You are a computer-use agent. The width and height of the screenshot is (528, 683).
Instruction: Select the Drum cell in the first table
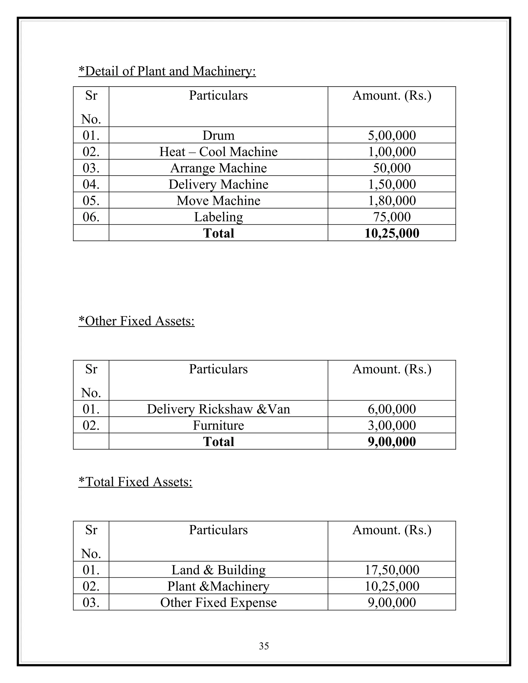pyautogui.click(x=218, y=135)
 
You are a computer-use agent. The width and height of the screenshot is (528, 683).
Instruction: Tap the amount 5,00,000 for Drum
pyautogui.click(x=392, y=135)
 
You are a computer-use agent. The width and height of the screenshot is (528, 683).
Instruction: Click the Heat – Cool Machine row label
pyautogui.click(x=218, y=152)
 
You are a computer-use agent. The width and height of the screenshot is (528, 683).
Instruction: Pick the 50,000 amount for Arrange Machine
pyautogui.click(x=392, y=168)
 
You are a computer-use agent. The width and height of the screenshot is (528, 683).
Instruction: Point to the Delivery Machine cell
pyautogui.click(x=218, y=184)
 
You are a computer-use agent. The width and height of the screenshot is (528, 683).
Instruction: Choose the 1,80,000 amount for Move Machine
pyautogui.click(x=392, y=201)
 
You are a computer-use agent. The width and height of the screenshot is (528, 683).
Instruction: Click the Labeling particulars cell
pyautogui.click(x=218, y=217)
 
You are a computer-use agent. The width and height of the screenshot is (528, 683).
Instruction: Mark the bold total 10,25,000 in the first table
pyautogui.click(x=392, y=233)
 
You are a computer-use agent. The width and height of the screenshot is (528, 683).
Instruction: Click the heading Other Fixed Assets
pyautogui.click(x=136, y=321)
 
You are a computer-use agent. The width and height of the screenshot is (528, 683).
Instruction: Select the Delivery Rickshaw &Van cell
pyautogui.click(x=218, y=409)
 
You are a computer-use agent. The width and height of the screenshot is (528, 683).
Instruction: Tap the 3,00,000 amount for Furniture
pyautogui.click(x=392, y=425)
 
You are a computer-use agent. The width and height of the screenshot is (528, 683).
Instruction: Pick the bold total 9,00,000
pyautogui.click(x=392, y=442)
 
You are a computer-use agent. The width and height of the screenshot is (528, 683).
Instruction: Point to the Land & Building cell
pyautogui.click(x=218, y=570)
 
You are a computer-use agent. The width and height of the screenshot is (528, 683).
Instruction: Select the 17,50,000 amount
pyautogui.click(x=392, y=570)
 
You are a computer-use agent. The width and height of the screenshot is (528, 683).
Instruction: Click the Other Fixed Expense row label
pyautogui.click(x=218, y=602)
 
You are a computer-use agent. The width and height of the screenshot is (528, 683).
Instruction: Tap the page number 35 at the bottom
pyautogui.click(x=264, y=646)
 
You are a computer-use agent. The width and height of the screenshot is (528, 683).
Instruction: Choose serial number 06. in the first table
pyautogui.click(x=91, y=217)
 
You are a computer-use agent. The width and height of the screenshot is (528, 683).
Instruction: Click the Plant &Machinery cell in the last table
pyautogui.click(x=218, y=586)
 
